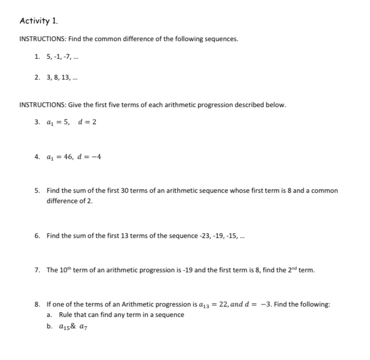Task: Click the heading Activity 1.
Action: pos(39,21)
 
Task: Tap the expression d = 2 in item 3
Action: pos(87,122)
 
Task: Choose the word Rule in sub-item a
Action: pos(66,314)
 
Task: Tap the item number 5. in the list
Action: pos(38,191)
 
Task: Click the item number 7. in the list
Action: pos(38,270)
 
